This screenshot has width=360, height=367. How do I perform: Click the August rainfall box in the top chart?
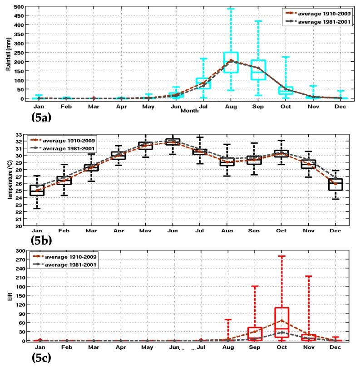(231, 62)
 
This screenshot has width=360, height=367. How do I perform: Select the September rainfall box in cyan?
(258, 70)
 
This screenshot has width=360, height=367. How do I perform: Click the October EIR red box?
(281, 322)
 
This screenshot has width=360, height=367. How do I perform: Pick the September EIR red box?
(255, 333)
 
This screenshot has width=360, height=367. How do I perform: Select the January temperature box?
(37, 191)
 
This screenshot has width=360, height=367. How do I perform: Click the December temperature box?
(335, 184)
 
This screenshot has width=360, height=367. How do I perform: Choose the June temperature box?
(173, 142)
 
